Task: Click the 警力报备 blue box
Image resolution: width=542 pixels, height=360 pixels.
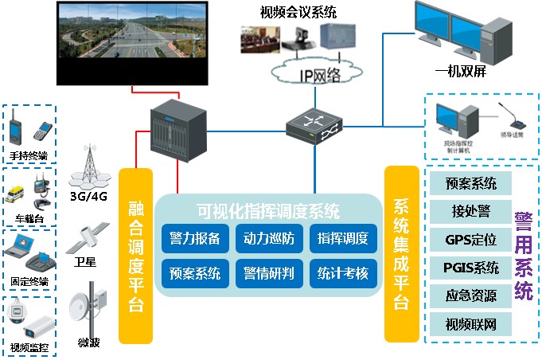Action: click(195, 238)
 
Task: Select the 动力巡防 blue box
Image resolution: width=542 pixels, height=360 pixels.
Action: click(268, 238)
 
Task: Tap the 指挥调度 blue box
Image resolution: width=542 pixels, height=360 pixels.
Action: click(343, 238)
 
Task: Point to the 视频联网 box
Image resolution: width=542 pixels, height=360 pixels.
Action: click(471, 323)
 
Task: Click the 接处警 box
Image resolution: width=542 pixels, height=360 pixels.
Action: click(471, 211)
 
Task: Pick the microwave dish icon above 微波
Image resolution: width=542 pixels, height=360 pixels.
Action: click(85, 307)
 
